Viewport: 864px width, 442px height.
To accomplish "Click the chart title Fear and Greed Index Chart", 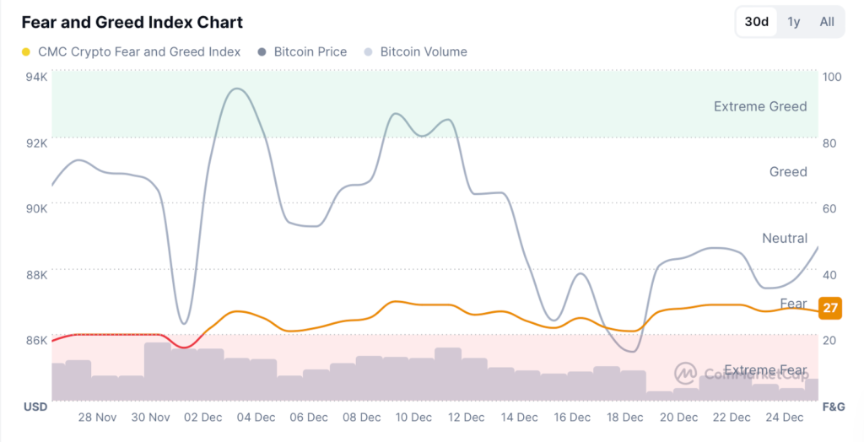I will (132, 22).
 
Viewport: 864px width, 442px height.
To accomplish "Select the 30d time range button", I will (756, 22).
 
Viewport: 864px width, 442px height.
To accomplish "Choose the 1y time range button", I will (794, 22).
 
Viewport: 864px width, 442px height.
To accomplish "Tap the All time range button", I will (827, 22).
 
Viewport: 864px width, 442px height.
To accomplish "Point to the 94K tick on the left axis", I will (36, 77).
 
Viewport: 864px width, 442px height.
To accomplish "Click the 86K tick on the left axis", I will (36, 339).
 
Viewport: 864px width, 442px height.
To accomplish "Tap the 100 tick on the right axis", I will (832, 77).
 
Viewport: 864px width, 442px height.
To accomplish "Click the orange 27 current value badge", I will (830, 308).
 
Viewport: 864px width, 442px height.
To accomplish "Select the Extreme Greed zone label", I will (760, 106).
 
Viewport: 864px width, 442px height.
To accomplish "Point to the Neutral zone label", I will (785, 238).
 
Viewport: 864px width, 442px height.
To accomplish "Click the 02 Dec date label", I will (203, 417).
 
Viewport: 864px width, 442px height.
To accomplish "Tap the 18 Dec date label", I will (624, 417).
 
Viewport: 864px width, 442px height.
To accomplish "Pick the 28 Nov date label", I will (97, 417).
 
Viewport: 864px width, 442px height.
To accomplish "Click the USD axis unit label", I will (35, 407).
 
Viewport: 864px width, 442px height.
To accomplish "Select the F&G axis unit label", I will (833, 407).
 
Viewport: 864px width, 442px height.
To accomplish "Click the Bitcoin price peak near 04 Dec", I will (238, 89).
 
